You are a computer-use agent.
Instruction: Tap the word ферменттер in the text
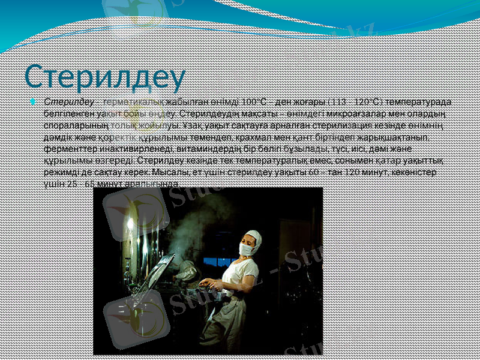pos(68,147)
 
